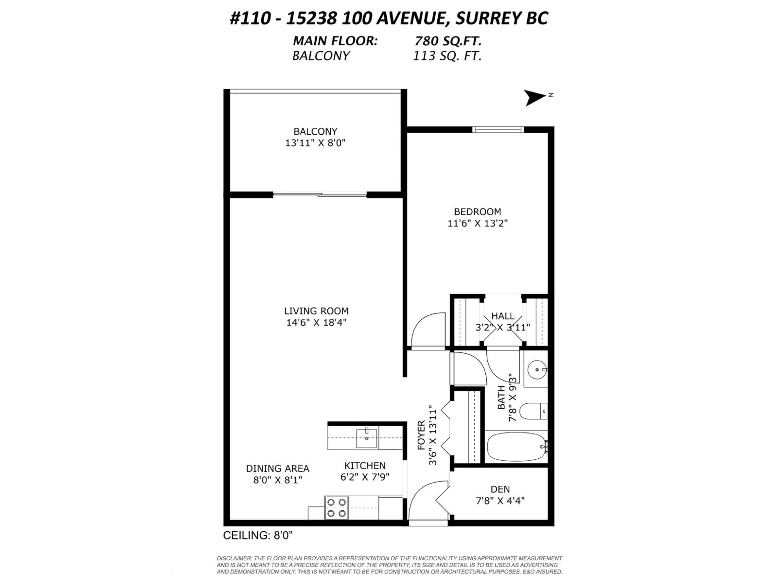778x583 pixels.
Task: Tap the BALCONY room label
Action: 315,131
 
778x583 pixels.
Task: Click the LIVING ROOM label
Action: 316,311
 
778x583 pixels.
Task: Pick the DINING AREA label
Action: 278,468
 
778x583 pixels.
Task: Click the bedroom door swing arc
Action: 427,330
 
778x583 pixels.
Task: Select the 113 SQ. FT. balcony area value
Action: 447,56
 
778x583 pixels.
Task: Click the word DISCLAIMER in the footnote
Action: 234,558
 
